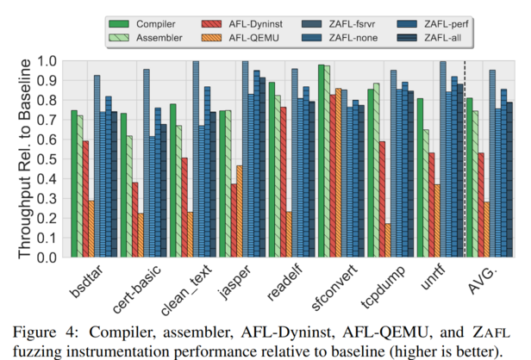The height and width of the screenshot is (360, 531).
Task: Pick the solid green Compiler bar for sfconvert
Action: coord(321,161)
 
